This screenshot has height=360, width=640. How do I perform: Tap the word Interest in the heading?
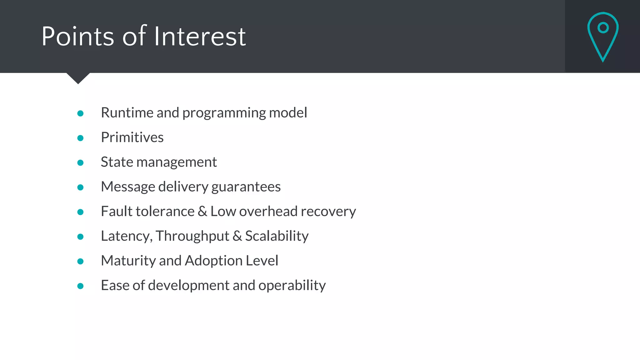click(x=200, y=37)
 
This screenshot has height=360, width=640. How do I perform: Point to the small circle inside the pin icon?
click(x=603, y=28)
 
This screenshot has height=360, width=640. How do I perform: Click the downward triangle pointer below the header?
click(x=78, y=78)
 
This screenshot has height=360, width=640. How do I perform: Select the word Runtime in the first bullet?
click(x=127, y=113)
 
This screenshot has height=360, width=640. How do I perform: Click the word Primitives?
click(x=132, y=137)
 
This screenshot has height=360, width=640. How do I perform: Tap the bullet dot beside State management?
click(x=80, y=163)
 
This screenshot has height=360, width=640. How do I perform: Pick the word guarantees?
click(x=246, y=187)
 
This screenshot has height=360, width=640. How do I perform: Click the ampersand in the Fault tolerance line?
click(x=202, y=212)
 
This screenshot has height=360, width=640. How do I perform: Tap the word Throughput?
click(x=192, y=236)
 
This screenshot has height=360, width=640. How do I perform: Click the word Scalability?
click(x=277, y=236)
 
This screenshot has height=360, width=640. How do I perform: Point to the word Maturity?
click(x=128, y=261)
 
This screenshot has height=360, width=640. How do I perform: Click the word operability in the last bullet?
click(x=292, y=286)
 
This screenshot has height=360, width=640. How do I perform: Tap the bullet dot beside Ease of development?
click(x=80, y=286)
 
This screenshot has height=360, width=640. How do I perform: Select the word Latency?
click(x=126, y=236)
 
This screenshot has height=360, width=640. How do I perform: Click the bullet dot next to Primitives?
click(x=80, y=138)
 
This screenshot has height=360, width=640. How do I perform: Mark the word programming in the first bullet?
click(x=224, y=113)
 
